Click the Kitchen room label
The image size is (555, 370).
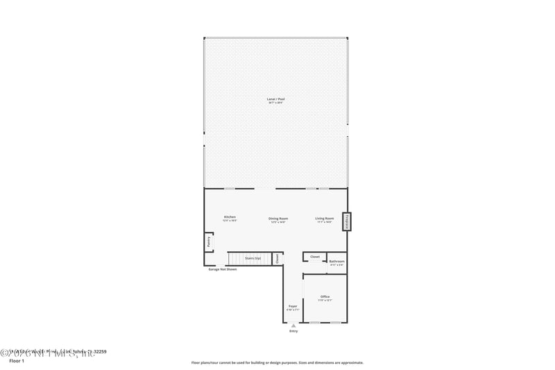(230, 217)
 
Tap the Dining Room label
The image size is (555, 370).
(278, 218)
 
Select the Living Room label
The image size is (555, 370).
(325, 218)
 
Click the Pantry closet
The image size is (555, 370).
(208, 242)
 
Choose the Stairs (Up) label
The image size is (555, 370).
(253, 258)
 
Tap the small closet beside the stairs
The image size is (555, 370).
(277, 258)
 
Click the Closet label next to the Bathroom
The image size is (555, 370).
(315, 257)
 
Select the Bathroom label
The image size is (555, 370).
(336, 262)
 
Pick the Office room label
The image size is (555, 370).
(325, 296)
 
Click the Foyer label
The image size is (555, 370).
(293, 305)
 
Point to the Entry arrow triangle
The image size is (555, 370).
(293, 325)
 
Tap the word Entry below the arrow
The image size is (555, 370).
(293, 331)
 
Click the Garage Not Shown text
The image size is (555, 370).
(223, 269)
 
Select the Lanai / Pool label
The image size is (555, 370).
(276, 99)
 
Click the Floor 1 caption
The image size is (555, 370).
(16, 362)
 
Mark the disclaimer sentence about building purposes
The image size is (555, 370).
(277, 362)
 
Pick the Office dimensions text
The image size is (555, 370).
(325, 301)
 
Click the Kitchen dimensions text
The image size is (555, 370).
(230, 221)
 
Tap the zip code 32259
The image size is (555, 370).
(99, 352)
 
